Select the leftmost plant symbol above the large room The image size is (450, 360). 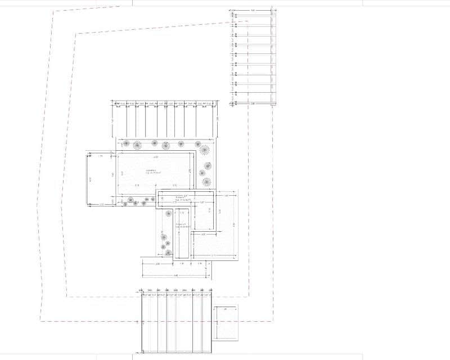coord(128,144)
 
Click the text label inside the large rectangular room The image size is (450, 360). coord(151,172)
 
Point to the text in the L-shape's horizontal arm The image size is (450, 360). coord(181,199)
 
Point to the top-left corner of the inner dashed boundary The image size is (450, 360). coord(76,34)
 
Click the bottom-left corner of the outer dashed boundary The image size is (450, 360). coord(40,321)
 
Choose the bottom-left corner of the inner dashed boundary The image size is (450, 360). coord(67,296)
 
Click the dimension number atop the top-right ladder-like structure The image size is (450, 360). coord(253,10)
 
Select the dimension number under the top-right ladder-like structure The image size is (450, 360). coord(253,103)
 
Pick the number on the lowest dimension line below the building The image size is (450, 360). coord(176,275)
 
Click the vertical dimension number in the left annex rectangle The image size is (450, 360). coord(91,179)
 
